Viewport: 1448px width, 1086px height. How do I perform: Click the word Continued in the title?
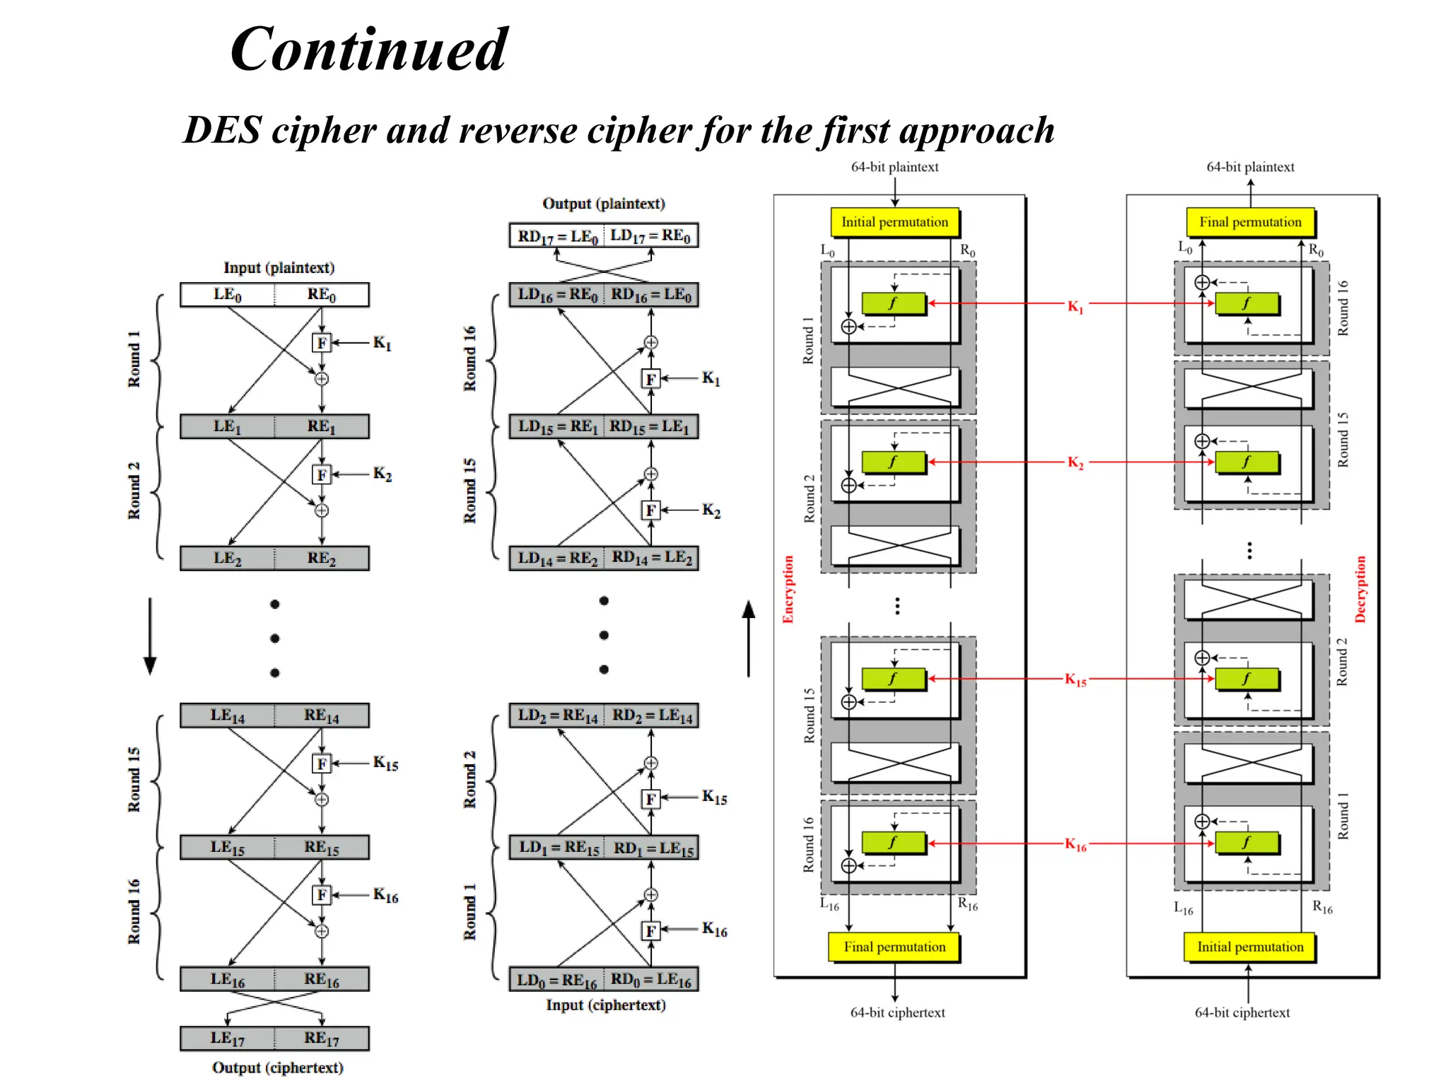point(368,49)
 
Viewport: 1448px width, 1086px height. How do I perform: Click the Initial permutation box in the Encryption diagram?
point(894,222)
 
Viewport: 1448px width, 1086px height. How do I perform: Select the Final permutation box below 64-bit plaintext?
point(1250,222)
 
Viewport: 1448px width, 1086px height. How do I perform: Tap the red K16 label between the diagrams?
point(1075,845)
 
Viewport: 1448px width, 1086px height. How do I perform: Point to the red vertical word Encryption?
point(788,589)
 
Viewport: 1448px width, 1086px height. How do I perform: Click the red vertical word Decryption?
point(1360,589)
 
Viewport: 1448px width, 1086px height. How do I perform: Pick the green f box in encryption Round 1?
point(894,303)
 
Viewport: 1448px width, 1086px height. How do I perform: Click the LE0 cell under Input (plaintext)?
point(228,295)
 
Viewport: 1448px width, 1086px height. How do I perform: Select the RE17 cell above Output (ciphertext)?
point(322,1038)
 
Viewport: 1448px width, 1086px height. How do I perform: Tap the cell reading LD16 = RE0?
point(557,295)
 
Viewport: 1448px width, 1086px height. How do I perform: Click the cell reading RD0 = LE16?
point(651,980)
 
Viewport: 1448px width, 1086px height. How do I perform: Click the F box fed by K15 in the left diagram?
point(322,764)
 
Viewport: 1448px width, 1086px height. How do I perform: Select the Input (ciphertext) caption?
point(605,1005)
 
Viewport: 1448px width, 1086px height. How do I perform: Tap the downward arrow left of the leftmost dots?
point(150,636)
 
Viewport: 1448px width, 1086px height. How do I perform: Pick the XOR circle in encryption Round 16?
point(849,865)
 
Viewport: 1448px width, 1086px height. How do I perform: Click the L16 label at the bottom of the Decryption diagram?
point(1183,909)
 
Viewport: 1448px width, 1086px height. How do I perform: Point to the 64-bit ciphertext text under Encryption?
point(897,1012)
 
